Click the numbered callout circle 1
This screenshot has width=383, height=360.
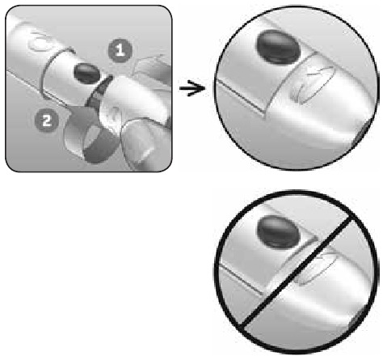click(120, 51)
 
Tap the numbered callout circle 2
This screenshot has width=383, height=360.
click(47, 121)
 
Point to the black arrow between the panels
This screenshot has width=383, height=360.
click(192, 88)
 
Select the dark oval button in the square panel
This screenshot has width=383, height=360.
click(87, 74)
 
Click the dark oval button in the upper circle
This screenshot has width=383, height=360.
click(279, 47)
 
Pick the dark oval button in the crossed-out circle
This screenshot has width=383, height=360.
click(279, 232)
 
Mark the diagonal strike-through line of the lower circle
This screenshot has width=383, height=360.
click(297, 273)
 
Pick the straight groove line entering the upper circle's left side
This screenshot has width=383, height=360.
click(240, 95)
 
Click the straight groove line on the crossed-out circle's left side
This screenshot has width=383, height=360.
click(241, 281)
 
